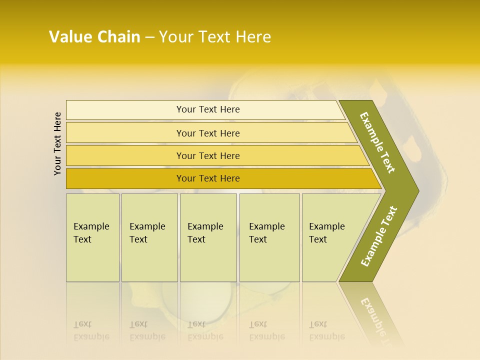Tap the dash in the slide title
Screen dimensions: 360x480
click(149, 37)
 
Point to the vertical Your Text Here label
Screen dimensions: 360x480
click(57, 143)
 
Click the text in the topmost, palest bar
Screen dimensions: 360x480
click(208, 109)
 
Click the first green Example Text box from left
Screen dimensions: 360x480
click(92, 237)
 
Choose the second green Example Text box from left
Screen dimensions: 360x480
click(149, 237)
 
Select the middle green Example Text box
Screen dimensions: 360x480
click(208, 237)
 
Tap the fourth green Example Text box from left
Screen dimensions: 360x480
click(269, 237)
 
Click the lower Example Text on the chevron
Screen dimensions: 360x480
click(379, 236)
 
